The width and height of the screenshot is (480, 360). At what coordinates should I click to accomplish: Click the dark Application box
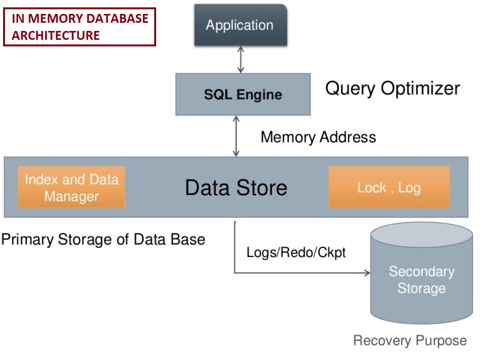pyautogui.click(x=240, y=25)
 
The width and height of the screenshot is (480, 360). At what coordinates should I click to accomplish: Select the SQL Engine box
pyautogui.click(x=243, y=94)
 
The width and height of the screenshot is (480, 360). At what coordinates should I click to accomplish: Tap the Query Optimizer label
pyautogui.click(x=392, y=89)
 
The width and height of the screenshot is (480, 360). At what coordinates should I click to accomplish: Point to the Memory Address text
pyautogui.click(x=318, y=137)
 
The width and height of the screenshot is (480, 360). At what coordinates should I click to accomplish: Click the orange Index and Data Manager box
pyautogui.click(x=71, y=188)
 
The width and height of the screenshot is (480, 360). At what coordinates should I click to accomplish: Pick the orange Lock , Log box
pyautogui.click(x=389, y=188)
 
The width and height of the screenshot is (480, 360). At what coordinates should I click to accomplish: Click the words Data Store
pyautogui.click(x=236, y=188)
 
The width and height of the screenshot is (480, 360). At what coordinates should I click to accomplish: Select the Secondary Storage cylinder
pyautogui.click(x=421, y=278)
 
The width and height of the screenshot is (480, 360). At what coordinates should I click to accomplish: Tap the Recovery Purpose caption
pyautogui.click(x=410, y=341)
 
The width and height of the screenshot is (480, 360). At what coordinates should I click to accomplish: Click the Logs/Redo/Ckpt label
pyautogui.click(x=296, y=253)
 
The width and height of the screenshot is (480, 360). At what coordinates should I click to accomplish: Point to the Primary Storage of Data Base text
pyautogui.click(x=103, y=239)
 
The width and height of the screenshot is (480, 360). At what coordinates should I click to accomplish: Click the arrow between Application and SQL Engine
pyautogui.click(x=241, y=60)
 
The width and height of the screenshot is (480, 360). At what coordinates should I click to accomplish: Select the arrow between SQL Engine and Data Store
pyautogui.click(x=236, y=136)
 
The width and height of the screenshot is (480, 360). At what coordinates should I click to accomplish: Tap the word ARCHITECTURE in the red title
pyautogui.click(x=56, y=35)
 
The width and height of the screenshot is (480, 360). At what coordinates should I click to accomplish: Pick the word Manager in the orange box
pyautogui.click(x=71, y=196)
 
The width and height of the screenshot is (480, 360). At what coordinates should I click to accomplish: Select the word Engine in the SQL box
pyautogui.click(x=260, y=95)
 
